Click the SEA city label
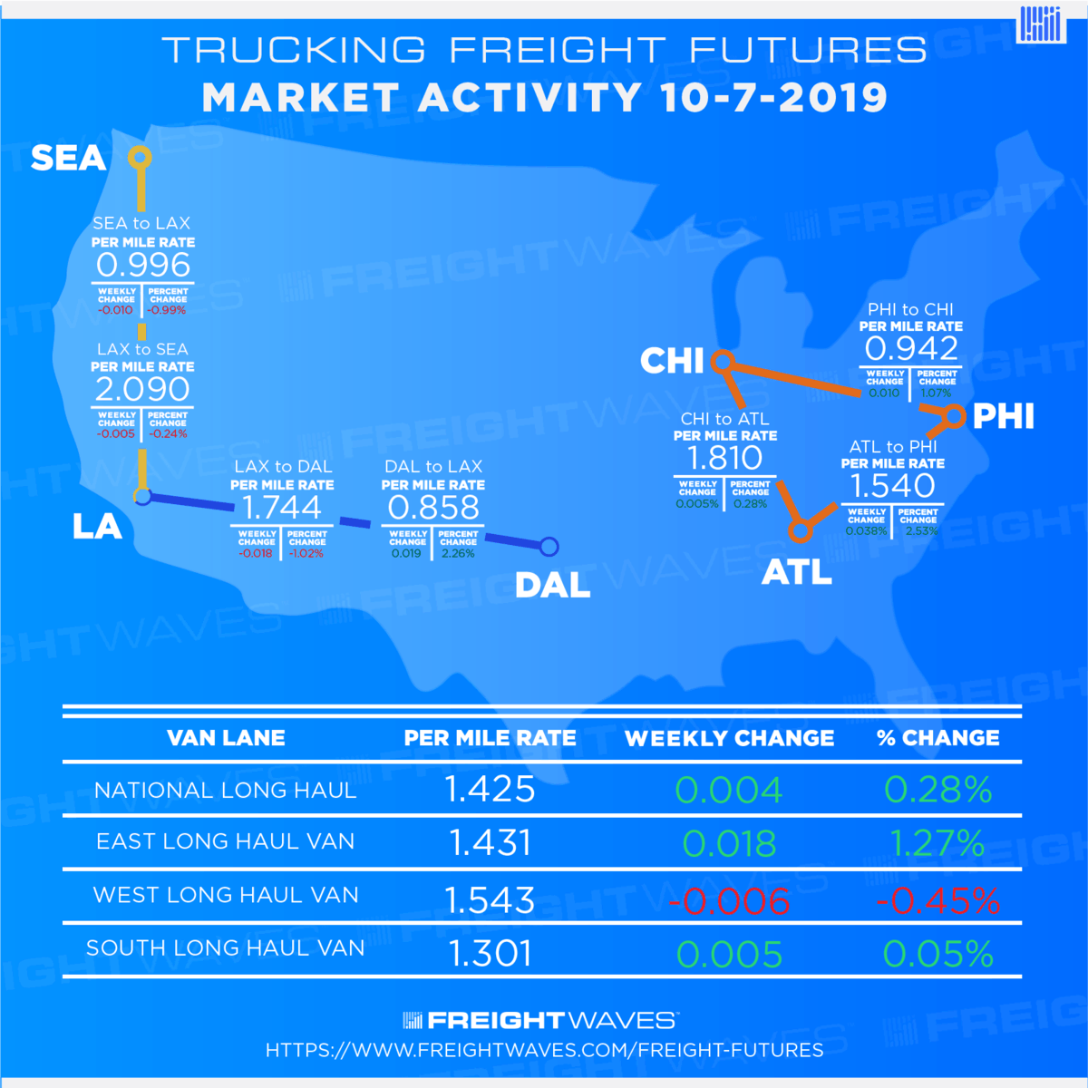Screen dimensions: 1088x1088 click(x=68, y=159)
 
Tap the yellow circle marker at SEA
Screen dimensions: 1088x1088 click(x=139, y=158)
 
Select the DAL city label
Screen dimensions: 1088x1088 click(x=552, y=586)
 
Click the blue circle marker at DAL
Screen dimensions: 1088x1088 click(x=549, y=547)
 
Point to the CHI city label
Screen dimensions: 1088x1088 click(x=672, y=361)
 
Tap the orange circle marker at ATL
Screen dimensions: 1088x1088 click(x=800, y=529)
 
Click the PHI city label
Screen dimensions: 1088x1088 click(x=1003, y=417)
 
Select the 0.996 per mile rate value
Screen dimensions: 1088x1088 click(x=143, y=266)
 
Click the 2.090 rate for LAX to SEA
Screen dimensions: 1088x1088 click(x=142, y=390)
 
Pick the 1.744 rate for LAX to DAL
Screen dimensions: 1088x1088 click(x=282, y=508)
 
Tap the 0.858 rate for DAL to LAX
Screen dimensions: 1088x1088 click(x=433, y=508)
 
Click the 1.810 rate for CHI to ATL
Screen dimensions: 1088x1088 click(x=724, y=459)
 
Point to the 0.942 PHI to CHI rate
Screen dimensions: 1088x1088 click(x=911, y=349)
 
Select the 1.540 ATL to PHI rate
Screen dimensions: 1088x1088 click(x=892, y=486)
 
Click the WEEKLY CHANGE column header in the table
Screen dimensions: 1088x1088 click(x=730, y=739)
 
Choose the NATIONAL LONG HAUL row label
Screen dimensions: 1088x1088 click(x=226, y=791)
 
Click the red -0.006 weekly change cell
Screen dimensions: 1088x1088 click(x=730, y=901)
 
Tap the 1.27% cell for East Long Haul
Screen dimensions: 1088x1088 click(x=937, y=844)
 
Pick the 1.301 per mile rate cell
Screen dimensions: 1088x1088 click(x=490, y=954)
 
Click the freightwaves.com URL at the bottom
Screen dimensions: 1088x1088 click(x=544, y=1050)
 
